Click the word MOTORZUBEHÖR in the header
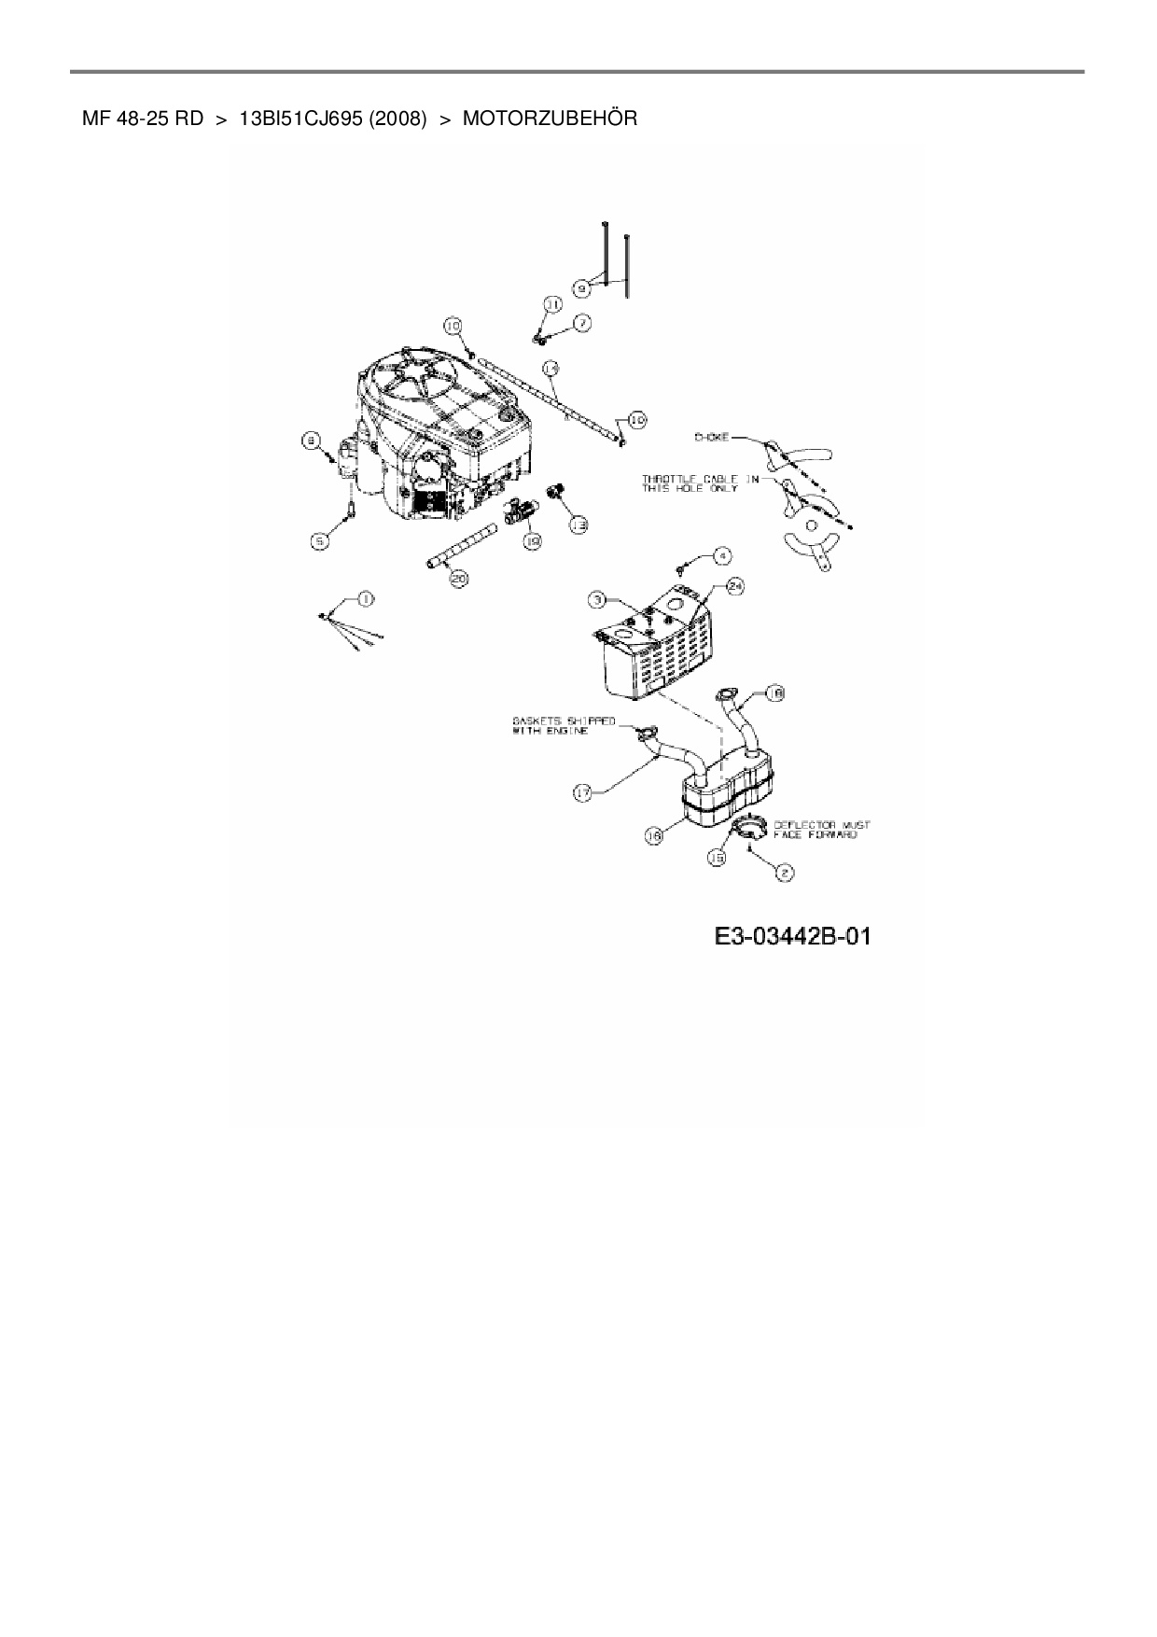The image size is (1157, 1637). pyautogui.click(x=550, y=119)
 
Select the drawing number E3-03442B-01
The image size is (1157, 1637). pyautogui.click(x=792, y=935)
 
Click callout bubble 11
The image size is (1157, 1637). pyautogui.click(x=551, y=305)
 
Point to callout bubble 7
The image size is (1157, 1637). pyautogui.click(x=581, y=323)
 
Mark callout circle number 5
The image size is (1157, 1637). pyautogui.click(x=320, y=539)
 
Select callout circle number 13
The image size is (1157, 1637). pyautogui.click(x=578, y=525)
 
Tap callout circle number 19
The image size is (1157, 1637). pyautogui.click(x=532, y=540)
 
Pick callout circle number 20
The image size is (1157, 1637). pyautogui.click(x=459, y=579)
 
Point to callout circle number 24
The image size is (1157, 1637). pyautogui.click(x=735, y=586)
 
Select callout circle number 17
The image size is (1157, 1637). pyautogui.click(x=582, y=793)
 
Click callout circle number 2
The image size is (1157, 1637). pyautogui.click(x=785, y=873)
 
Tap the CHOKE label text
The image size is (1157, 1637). pyautogui.click(x=711, y=437)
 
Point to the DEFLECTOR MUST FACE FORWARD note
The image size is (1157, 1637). pyautogui.click(x=821, y=830)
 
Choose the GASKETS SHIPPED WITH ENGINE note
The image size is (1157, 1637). pyautogui.click(x=563, y=725)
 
